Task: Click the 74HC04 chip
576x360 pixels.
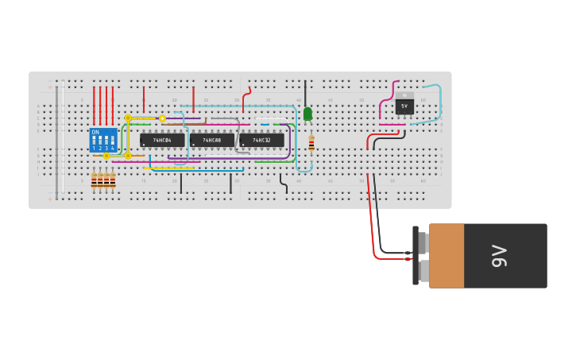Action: point(162,140)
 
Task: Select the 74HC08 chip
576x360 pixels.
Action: point(212,140)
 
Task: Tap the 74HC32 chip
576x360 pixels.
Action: point(261,140)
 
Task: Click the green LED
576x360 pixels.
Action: point(308,114)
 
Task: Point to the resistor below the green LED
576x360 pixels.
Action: point(311,143)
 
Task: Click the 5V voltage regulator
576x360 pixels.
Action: point(404,105)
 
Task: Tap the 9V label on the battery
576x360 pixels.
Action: point(500,256)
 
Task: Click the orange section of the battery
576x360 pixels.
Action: point(446,256)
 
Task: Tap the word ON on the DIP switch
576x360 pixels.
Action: point(95,132)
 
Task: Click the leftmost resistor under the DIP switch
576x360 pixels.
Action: point(94,180)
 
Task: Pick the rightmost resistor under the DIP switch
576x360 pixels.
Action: point(113,180)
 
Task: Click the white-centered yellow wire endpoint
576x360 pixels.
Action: point(162,118)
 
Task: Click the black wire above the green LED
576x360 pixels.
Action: point(305,92)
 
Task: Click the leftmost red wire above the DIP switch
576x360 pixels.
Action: point(94,105)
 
